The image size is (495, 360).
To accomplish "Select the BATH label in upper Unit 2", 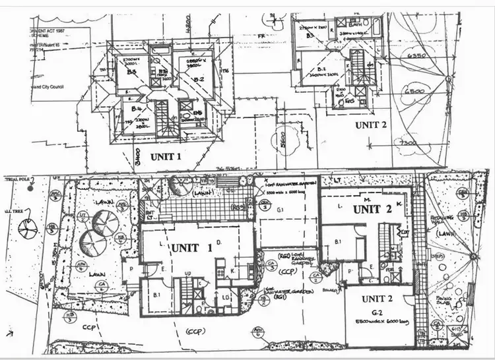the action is [x=356, y=24].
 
